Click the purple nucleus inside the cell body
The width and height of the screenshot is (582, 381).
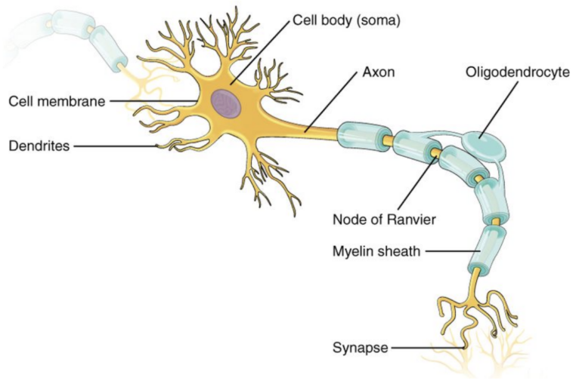[x=226, y=103]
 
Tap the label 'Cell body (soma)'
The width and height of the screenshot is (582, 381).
[x=347, y=20]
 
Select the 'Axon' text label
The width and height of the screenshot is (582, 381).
[x=378, y=72]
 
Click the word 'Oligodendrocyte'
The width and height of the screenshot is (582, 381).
[x=518, y=72]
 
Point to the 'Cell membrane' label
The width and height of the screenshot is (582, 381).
[x=57, y=101]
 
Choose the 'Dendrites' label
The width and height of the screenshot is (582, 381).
[x=39, y=146]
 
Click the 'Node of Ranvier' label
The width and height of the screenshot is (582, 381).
[x=384, y=220]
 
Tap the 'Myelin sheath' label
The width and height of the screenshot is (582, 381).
[x=376, y=251]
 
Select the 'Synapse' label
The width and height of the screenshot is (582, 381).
[x=361, y=348]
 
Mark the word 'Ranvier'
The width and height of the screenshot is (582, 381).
[x=411, y=220]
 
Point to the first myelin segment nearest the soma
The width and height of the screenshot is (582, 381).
[x=364, y=137]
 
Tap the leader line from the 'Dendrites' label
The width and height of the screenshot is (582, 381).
[x=116, y=146]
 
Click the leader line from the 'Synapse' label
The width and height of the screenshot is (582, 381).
[x=428, y=348]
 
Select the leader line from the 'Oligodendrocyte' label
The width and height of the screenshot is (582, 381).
[x=499, y=109]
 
